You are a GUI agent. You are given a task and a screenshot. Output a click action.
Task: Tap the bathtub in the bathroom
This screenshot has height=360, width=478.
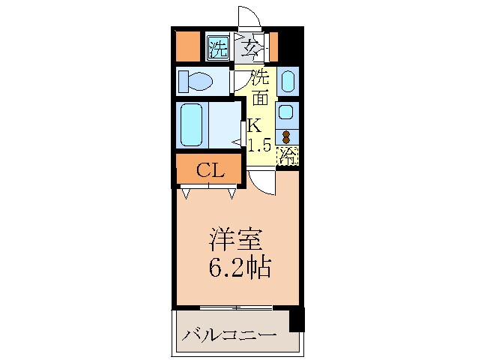(x=193, y=124)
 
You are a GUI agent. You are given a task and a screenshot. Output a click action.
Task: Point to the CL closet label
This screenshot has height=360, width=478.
(x=210, y=170)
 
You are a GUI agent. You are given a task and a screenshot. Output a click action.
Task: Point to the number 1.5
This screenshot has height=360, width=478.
(x=259, y=145)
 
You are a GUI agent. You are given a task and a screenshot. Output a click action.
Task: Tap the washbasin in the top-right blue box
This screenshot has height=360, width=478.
(x=288, y=81)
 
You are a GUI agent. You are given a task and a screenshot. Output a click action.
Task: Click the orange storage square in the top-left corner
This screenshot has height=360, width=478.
(x=187, y=47)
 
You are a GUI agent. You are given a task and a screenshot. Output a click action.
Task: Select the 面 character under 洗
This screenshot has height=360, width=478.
(x=259, y=97)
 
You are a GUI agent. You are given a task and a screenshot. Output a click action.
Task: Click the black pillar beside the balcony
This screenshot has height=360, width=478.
(x=297, y=319)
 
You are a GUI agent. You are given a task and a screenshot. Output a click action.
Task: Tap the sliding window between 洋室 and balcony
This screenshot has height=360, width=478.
(x=235, y=308)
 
